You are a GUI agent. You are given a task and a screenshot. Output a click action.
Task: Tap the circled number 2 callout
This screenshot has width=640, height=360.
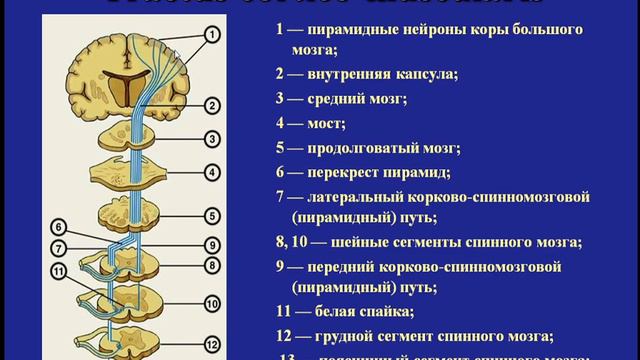[x=213, y=104]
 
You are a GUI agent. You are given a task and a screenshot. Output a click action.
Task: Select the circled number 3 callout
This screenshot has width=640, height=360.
[x=213, y=138]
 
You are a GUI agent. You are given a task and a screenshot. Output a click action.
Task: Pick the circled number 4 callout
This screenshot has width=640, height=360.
[x=213, y=171]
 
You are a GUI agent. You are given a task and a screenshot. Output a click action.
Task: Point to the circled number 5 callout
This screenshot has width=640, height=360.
[x=213, y=215]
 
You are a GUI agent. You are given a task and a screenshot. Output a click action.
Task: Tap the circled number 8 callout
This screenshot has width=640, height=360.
[x=213, y=265]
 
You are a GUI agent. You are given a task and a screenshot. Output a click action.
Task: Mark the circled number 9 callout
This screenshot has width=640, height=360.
[x=213, y=244]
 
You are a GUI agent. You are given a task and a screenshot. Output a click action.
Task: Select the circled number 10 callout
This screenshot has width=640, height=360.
[x=213, y=302]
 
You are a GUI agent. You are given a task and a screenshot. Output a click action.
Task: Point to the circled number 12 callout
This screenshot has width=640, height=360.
[x=213, y=342]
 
